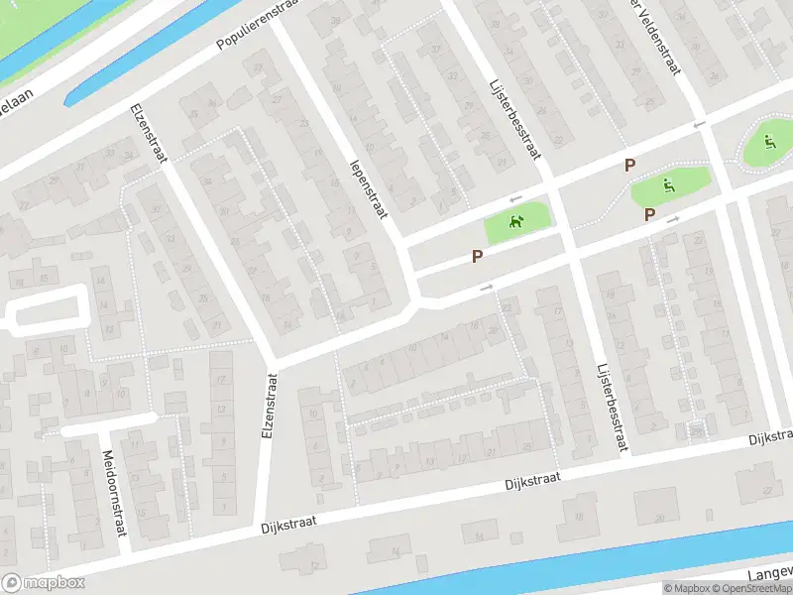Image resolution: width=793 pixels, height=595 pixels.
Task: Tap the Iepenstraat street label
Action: click(x=369, y=187)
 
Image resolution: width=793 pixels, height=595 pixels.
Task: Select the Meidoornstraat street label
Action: click(x=115, y=493)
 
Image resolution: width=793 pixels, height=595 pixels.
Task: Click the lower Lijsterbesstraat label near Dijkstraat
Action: click(x=613, y=408)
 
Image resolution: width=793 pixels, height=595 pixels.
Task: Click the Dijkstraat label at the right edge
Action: click(x=771, y=437)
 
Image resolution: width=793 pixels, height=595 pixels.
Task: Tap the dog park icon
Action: click(x=515, y=223)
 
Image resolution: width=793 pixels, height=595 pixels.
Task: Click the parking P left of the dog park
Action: click(x=477, y=256)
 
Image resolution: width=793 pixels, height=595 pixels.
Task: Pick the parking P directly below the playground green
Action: click(x=649, y=214)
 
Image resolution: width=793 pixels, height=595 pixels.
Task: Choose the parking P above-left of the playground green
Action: click(x=628, y=165)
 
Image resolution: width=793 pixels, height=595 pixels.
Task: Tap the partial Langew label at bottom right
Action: click(x=772, y=572)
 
